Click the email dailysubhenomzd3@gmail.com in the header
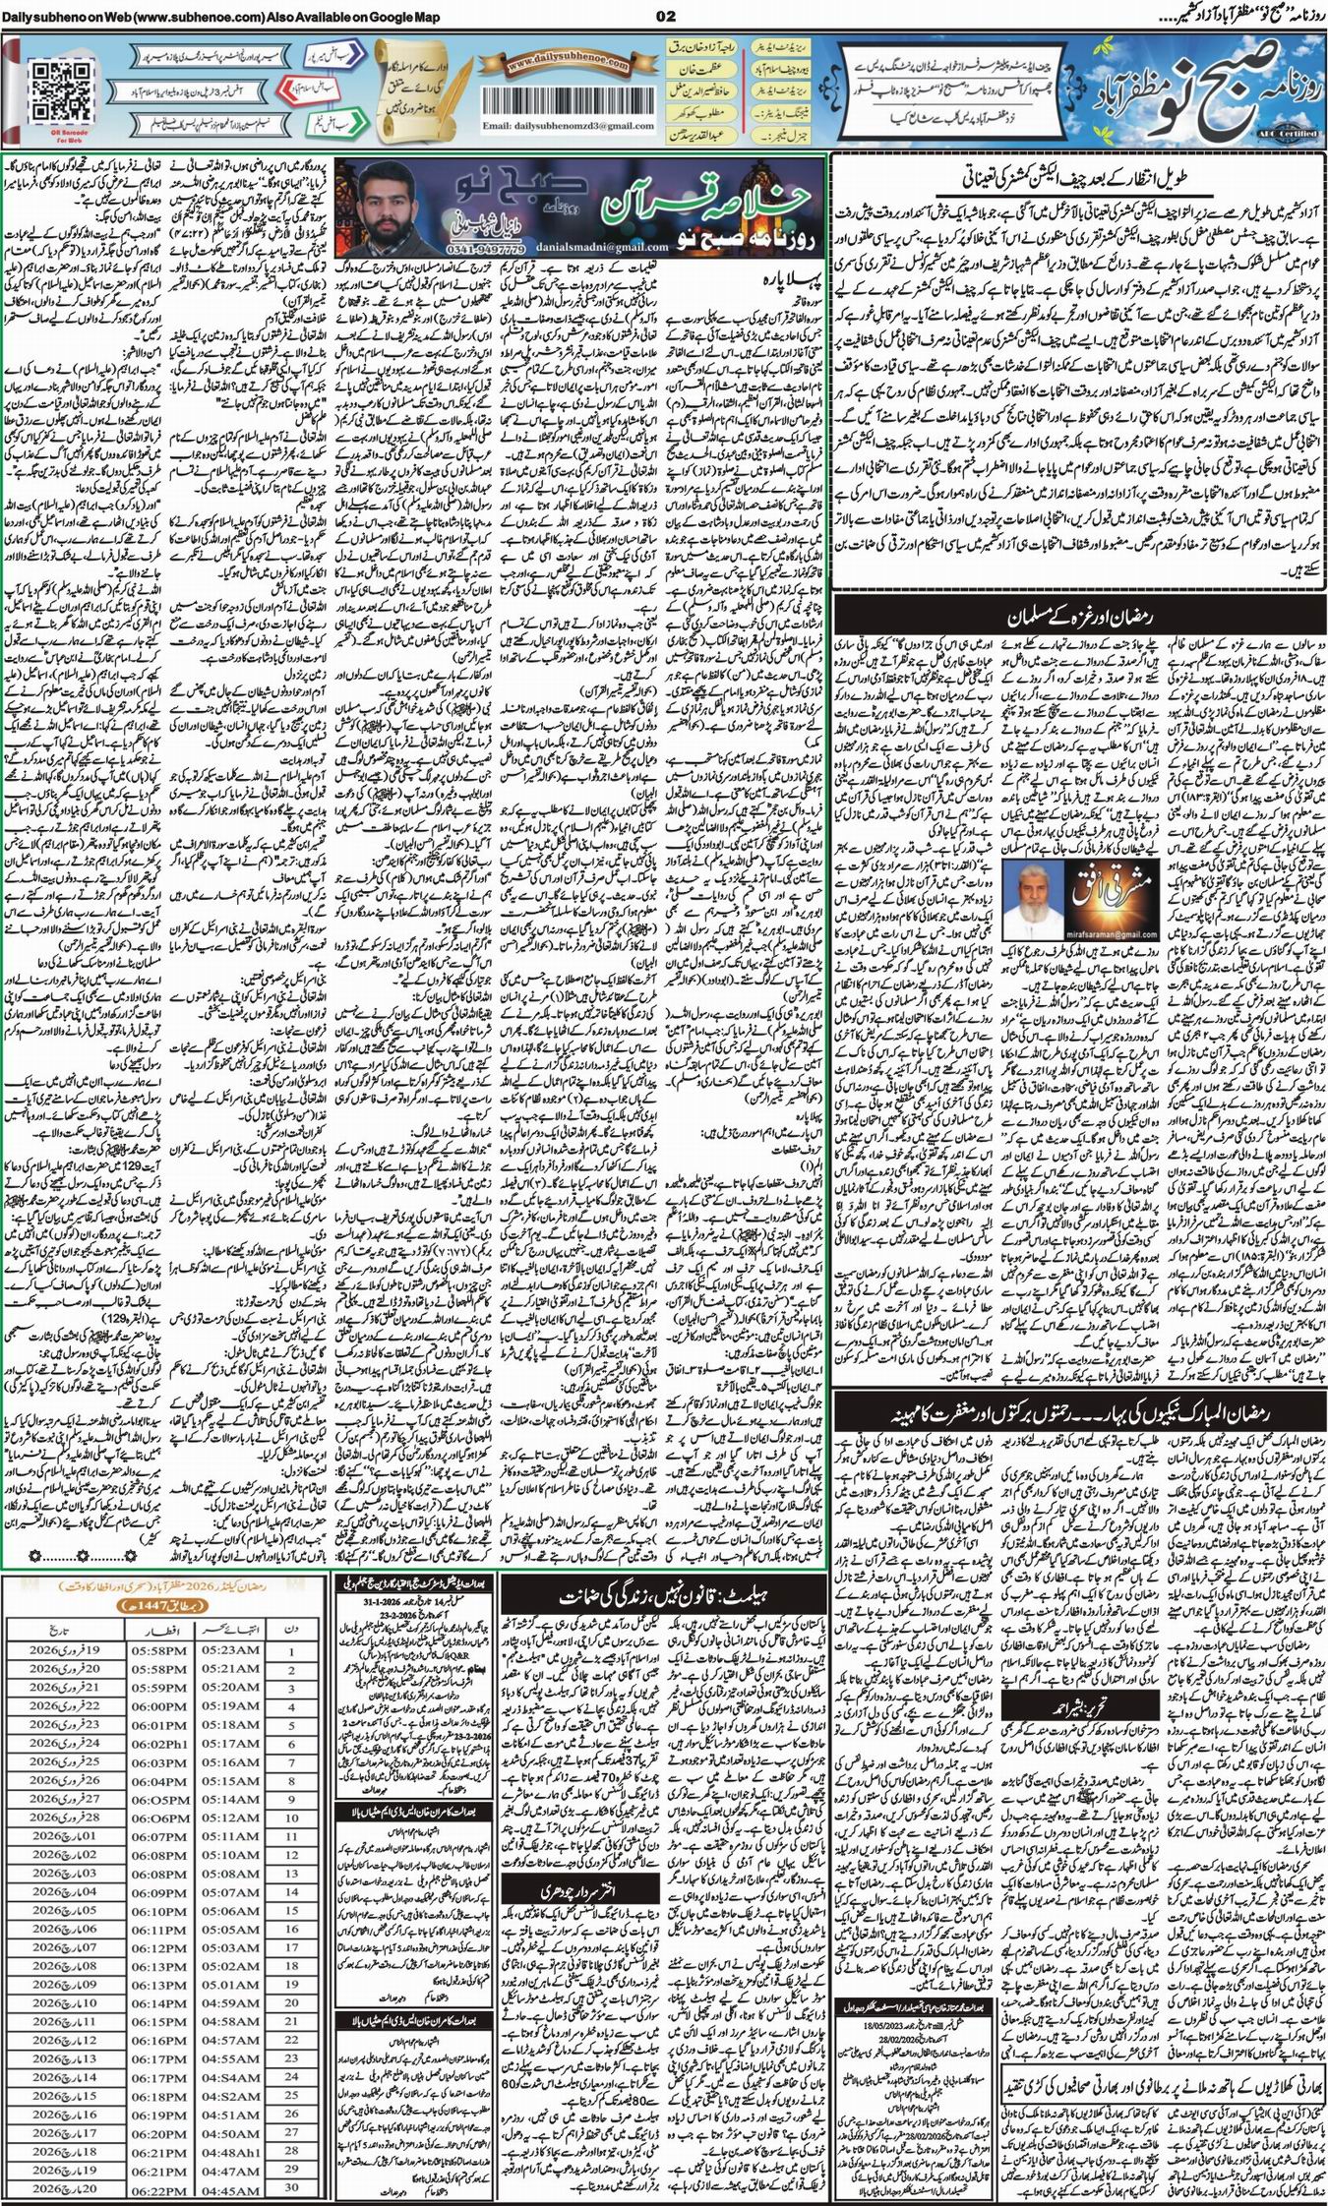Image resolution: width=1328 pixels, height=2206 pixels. pos(557,127)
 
